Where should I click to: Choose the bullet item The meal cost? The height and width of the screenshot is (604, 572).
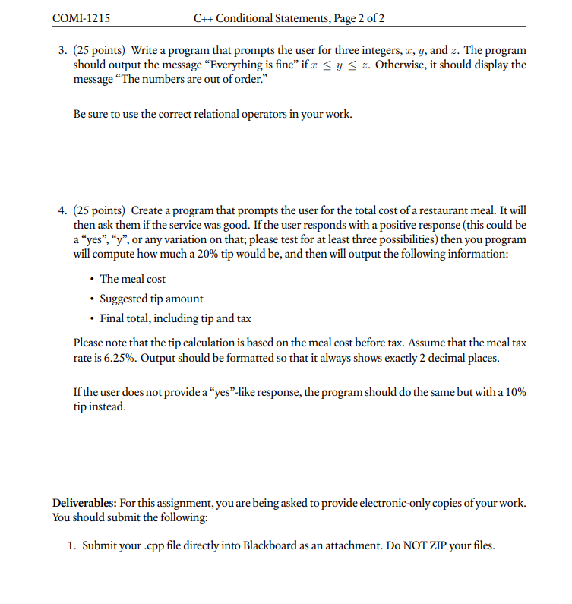pos(133,279)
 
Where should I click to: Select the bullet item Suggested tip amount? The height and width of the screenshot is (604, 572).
pos(151,299)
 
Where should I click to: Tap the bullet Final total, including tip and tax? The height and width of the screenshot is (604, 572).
pos(175,318)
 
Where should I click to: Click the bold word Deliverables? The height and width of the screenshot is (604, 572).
pos(84,504)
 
